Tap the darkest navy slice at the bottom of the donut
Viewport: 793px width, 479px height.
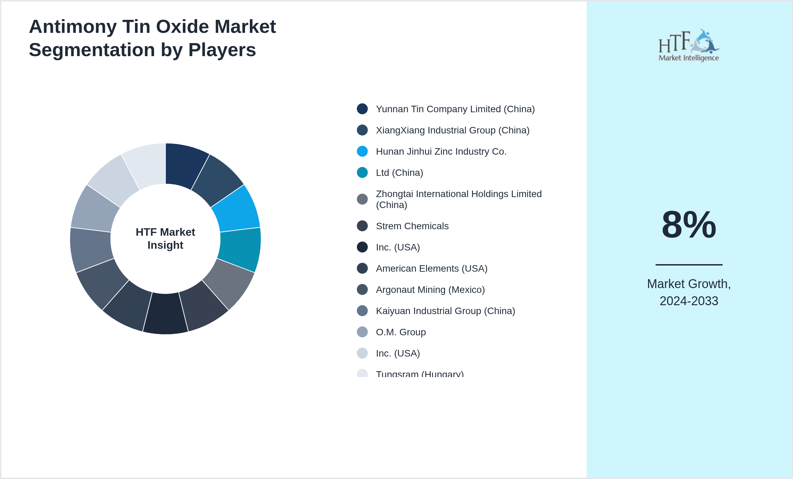coord(165,313)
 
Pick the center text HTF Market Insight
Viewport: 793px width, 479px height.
coord(165,238)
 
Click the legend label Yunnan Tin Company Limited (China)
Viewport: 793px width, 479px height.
coord(455,109)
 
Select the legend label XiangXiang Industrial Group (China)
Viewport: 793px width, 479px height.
coord(452,130)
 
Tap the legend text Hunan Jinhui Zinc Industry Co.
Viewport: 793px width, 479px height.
coord(441,151)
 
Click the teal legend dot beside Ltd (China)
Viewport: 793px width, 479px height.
coord(362,172)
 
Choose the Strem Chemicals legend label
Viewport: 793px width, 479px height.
coord(412,226)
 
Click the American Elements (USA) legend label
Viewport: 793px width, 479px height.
coord(431,268)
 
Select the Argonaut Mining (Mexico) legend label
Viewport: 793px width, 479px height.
coord(430,289)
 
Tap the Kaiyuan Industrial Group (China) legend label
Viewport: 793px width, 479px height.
coord(445,311)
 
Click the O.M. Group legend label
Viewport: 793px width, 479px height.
coord(401,332)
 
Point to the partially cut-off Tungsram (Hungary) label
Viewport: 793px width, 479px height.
coord(419,374)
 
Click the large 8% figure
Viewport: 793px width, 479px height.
coord(689,225)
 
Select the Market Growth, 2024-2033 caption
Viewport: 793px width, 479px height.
coord(689,292)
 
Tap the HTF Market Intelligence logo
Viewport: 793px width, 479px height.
coord(688,46)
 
